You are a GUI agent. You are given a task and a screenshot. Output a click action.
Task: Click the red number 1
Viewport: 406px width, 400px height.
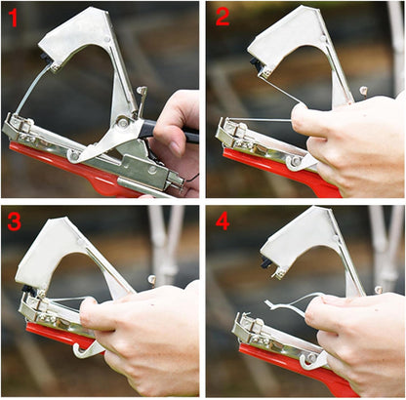(13, 19)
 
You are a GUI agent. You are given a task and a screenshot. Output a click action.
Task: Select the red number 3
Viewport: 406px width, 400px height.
(14, 221)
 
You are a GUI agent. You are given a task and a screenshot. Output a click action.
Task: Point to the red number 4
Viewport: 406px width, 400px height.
(222, 221)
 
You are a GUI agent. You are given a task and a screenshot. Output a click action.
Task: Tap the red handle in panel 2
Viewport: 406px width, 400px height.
(259, 166)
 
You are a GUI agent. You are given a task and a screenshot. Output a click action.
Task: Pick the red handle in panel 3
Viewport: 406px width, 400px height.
(49, 337)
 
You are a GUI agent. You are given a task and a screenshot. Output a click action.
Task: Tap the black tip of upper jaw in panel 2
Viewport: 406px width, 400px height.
(256, 65)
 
